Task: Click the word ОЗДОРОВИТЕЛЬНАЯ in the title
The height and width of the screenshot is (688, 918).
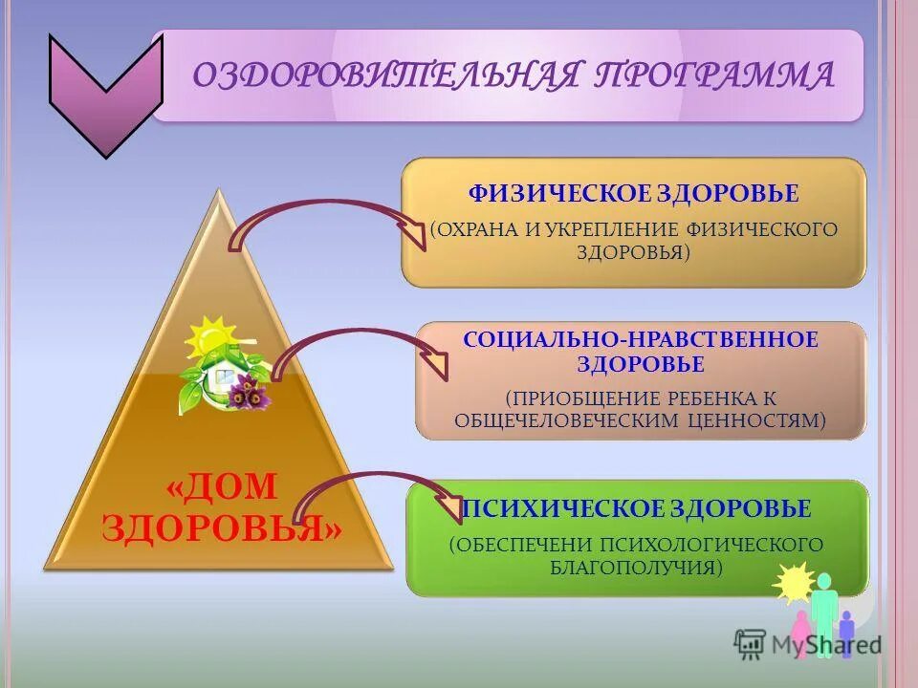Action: pos(387,75)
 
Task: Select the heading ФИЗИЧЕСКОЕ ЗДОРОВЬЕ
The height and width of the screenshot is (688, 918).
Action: pos(633,194)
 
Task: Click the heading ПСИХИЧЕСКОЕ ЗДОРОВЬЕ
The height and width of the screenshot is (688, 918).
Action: pos(637,508)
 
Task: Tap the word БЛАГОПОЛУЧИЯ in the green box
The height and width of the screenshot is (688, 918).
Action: pos(633,569)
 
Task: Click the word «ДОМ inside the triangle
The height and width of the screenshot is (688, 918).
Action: pos(221,487)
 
